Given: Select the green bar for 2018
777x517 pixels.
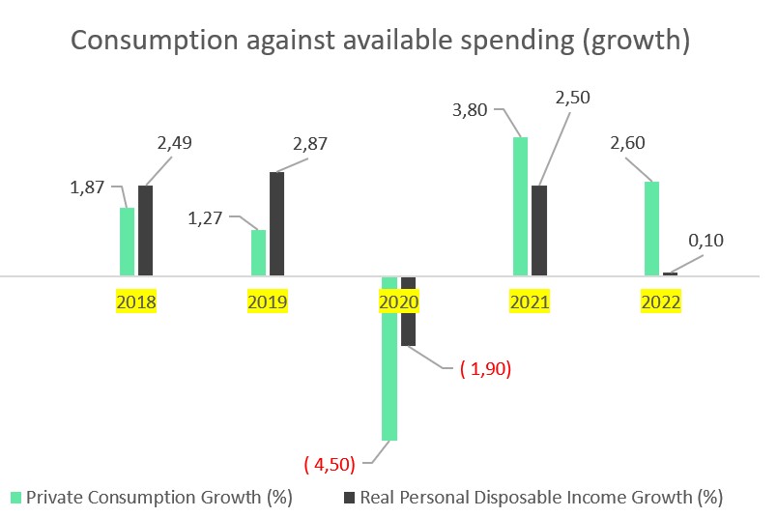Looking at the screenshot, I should (x=127, y=242).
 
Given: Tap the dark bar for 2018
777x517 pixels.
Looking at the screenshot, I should (x=146, y=230).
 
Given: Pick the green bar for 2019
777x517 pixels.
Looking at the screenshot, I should (x=258, y=252).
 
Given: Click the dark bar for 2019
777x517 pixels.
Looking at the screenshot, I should (x=277, y=223).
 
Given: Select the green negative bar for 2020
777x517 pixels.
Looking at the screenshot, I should (x=389, y=358).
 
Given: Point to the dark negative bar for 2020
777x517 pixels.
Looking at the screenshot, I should (x=408, y=310).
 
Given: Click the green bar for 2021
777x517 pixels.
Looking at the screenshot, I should (x=521, y=206).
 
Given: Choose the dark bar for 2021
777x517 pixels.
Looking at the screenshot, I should (x=539, y=230).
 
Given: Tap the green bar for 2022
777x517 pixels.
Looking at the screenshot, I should (x=651, y=228).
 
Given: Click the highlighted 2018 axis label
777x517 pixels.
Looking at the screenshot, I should (x=136, y=302).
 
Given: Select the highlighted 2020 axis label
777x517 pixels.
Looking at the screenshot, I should (x=398, y=302).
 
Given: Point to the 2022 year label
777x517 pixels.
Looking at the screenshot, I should (x=661, y=302).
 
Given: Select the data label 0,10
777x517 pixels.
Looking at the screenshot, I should (x=705, y=241).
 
